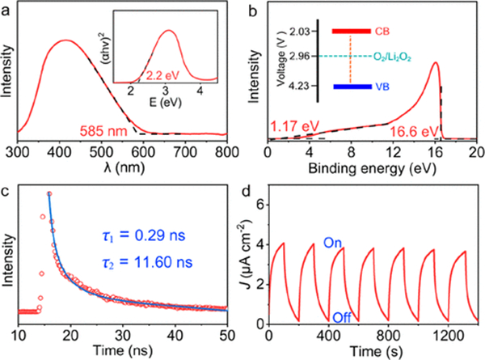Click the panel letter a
[7, 7]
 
